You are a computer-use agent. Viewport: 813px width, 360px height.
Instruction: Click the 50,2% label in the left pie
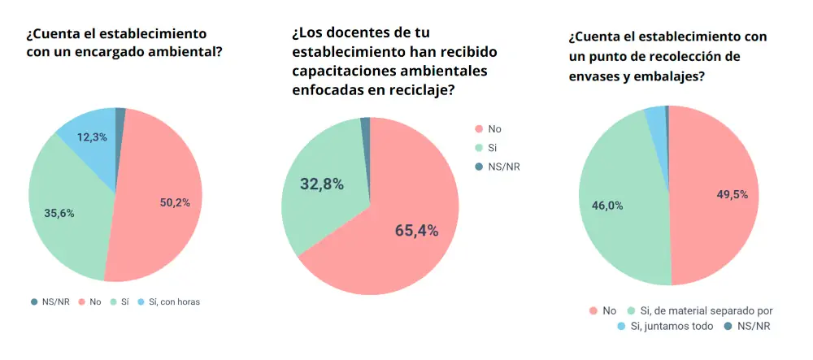tap(175, 202)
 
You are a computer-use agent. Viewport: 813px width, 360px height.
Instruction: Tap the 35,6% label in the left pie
tap(59, 214)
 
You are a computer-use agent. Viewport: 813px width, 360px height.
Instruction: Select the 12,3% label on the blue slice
tap(92, 137)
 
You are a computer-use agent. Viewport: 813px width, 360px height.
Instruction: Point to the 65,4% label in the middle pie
tap(416, 231)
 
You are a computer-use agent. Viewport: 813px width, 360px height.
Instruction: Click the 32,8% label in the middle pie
tap(321, 184)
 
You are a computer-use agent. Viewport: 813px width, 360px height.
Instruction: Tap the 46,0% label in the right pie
tap(606, 206)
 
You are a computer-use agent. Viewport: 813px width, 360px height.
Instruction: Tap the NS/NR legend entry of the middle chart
tap(498, 167)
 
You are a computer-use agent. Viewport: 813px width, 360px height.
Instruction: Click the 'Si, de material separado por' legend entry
tap(699, 310)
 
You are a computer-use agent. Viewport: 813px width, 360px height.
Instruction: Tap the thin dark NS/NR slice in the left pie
tap(120, 114)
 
